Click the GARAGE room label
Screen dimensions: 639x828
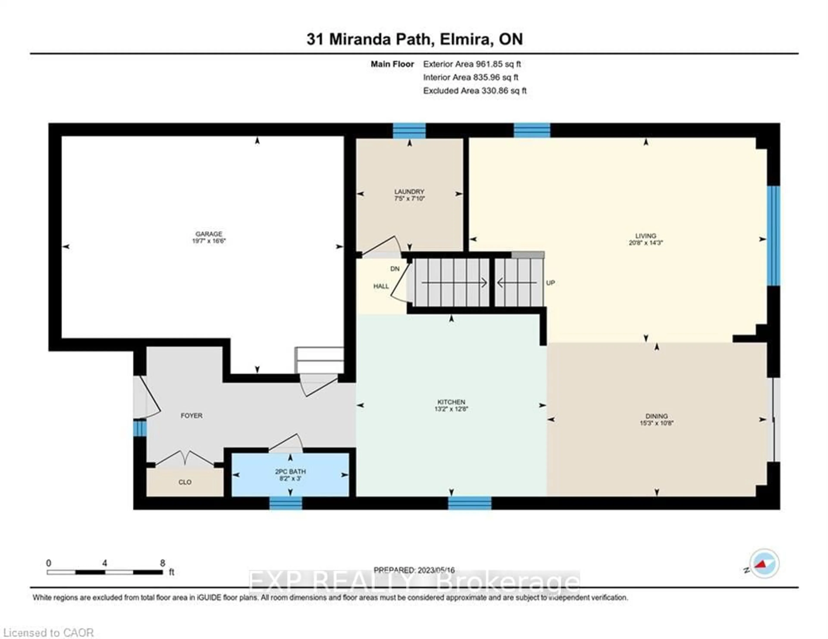(209, 234)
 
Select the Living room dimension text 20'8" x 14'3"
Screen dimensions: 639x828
(645, 243)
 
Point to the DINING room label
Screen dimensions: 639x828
(656, 416)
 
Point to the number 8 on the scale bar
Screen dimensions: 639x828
(162, 563)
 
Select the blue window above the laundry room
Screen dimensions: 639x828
(409, 131)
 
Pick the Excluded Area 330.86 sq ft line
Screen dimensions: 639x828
(475, 91)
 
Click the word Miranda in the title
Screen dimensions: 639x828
(359, 39)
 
